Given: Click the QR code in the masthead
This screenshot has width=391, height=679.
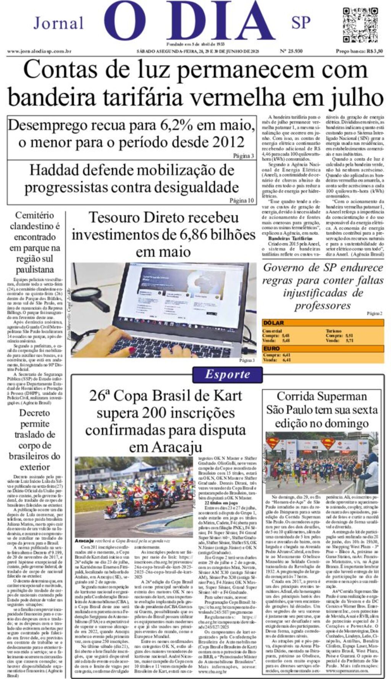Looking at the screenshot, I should click(x=361, y=25).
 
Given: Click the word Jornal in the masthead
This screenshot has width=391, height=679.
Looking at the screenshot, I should click(x=58, y=23).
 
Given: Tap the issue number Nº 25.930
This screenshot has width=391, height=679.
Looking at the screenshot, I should click(x=291, y=51).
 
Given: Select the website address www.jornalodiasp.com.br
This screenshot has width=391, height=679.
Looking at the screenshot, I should click(x=39, y=51).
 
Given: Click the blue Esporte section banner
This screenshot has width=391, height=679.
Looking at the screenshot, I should click(x=227, y=374).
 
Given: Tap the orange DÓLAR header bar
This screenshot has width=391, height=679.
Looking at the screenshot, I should click(x=323, y=323).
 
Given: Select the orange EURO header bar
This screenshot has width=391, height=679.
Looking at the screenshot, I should click(x=323, y=348).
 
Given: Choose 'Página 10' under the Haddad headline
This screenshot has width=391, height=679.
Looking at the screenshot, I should click(x=241, y=200).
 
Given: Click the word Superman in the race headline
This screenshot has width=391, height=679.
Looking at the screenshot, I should click(x=342, y=396).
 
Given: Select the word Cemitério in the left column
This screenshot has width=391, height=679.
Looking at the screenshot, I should click(x=34, y=215).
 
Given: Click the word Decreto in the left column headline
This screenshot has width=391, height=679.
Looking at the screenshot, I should click(x=34, y=413).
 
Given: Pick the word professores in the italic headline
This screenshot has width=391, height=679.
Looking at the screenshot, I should click(x=317, y=306).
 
